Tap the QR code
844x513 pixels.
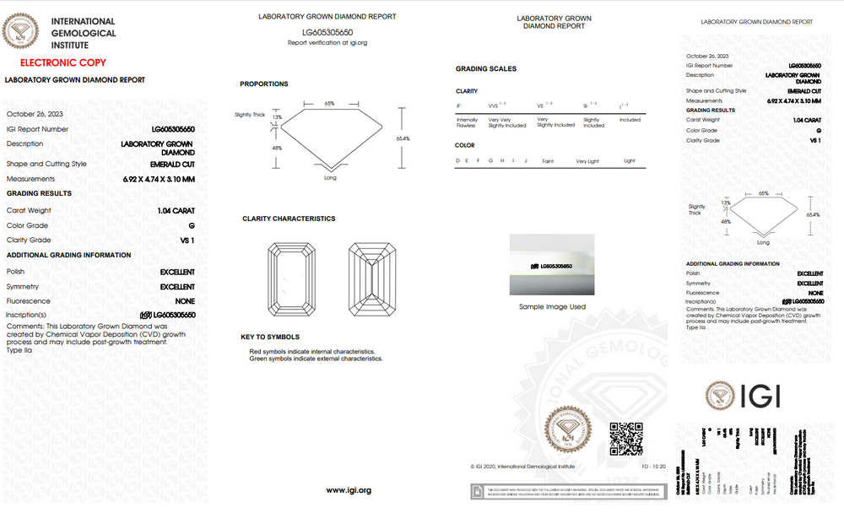click(626, 439)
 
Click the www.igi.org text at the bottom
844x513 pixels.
click(348, 490)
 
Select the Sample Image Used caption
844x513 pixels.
click(552, 306)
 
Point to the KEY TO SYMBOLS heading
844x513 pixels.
click(270, 337)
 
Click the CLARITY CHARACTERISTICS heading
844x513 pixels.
click(289, 219)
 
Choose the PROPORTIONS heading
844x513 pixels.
click(264, 84)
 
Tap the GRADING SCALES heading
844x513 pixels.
click(486, 68)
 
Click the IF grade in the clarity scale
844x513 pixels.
click(458, 106)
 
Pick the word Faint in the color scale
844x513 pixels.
click(548, 160)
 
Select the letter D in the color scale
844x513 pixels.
click(457, 160)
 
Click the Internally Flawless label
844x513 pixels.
click(467, 123)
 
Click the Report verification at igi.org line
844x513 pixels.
click(327, 42)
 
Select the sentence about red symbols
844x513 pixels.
click(311, 351)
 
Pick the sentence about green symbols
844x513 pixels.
click(316, 359)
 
